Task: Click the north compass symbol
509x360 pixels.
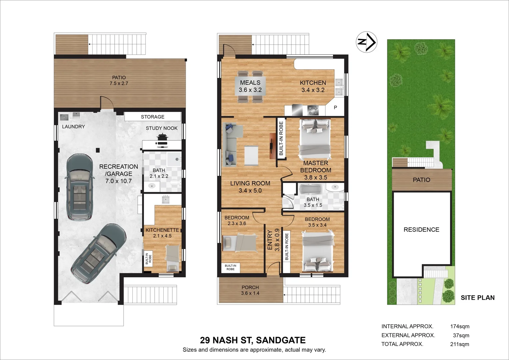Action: [366, 42]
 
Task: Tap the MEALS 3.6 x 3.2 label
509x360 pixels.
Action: [250, 86]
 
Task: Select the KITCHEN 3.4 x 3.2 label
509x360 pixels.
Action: [313, 86]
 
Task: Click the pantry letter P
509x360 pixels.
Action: [335, 107]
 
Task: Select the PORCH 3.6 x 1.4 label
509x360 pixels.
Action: [250, 290]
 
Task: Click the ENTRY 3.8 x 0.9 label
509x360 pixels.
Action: [273, 239]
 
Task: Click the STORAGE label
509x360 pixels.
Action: [152, 117]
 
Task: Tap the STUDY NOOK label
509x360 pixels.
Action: [161, 128]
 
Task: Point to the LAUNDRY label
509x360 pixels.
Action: [73, 126]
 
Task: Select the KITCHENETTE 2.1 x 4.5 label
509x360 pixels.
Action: [162, 233]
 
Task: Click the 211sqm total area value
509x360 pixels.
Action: [459, 344]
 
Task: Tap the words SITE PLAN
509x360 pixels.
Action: [477, 298]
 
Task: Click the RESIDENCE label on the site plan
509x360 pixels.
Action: [421, 230]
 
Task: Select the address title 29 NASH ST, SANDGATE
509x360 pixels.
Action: [253, 340]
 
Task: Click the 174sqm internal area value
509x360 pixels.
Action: [459, 326]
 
